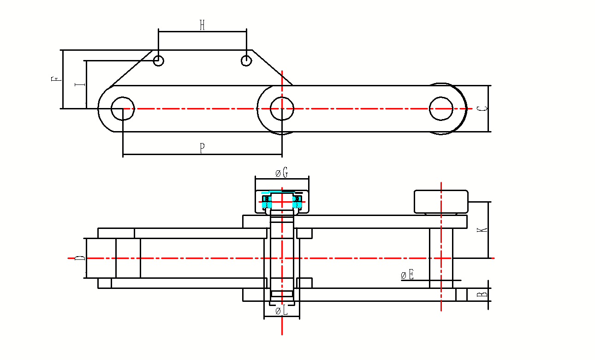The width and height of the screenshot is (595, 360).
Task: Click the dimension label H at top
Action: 202,26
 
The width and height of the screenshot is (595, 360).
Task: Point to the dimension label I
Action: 79,84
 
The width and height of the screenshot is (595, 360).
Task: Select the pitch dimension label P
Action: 202,148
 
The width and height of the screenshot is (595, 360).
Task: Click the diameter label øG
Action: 281,173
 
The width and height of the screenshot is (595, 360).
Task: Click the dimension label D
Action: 80,258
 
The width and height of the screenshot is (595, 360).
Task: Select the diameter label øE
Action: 407,276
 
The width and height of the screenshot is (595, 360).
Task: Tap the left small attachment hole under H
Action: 158,60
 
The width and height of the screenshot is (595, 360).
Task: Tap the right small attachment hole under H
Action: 246,60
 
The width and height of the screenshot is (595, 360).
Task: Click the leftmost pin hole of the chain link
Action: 122,108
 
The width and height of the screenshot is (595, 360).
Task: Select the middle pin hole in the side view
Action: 281,108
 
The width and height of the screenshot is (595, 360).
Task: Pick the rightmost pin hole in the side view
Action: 441,108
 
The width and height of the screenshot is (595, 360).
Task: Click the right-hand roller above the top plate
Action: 441,202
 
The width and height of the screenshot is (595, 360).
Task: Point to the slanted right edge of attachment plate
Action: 272,67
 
